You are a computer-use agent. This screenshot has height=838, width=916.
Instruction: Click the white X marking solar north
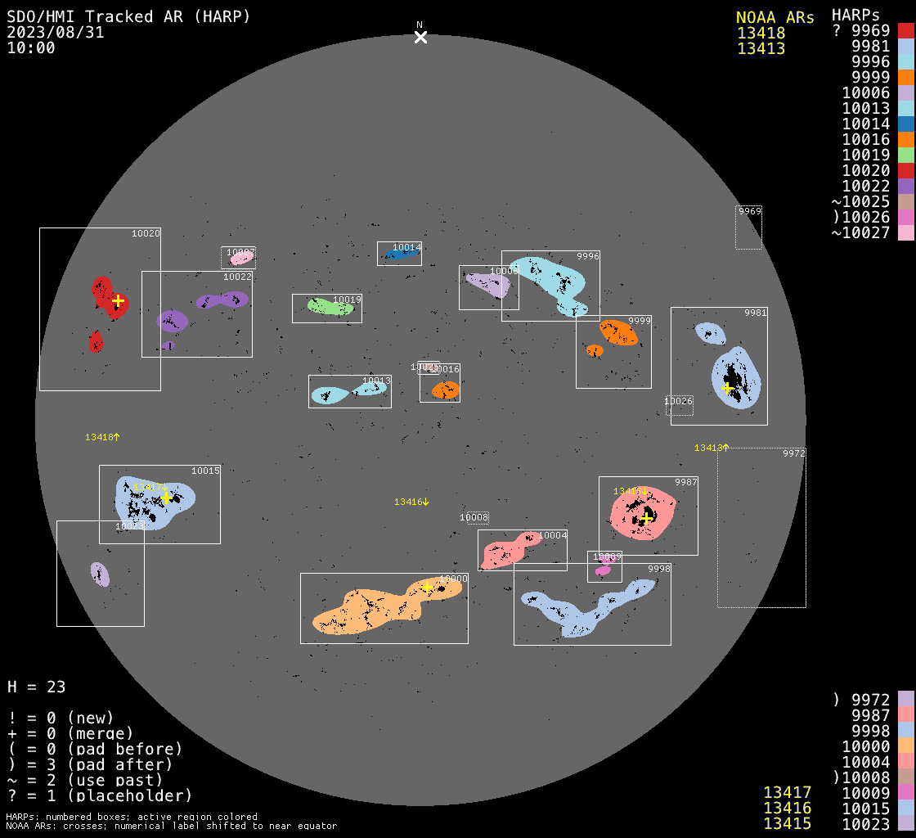click(x=420, y=37)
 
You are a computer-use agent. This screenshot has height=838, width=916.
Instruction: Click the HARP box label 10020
click(x=146, y=234)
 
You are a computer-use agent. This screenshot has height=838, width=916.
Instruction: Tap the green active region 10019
click(x=330, y=306)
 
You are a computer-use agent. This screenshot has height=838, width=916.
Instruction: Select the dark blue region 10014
click(x=402, y=254)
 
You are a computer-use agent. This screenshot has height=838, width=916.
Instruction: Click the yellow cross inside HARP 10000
click(x=427, y=587)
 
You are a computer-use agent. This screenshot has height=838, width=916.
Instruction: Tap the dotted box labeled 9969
click(x=748, y=227)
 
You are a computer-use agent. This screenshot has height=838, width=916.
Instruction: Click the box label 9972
click(x=793, y=453)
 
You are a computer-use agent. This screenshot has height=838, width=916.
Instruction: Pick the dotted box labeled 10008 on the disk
click(x=474, y=517)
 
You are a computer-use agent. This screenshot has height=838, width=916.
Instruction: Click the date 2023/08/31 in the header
click(x=56, y=33)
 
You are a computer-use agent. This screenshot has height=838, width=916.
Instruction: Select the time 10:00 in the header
click(x=31, y=48)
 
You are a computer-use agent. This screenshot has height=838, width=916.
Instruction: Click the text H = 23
click(x=36, y=687)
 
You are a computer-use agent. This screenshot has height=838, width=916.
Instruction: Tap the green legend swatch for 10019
click(x=905, y=155)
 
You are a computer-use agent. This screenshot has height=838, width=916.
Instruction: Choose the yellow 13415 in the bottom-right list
click(x=787, y=823)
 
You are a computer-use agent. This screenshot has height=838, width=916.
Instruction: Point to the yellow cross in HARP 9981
click(x=727, y=388)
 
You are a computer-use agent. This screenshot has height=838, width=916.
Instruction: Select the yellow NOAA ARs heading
click(x=775, y=18)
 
